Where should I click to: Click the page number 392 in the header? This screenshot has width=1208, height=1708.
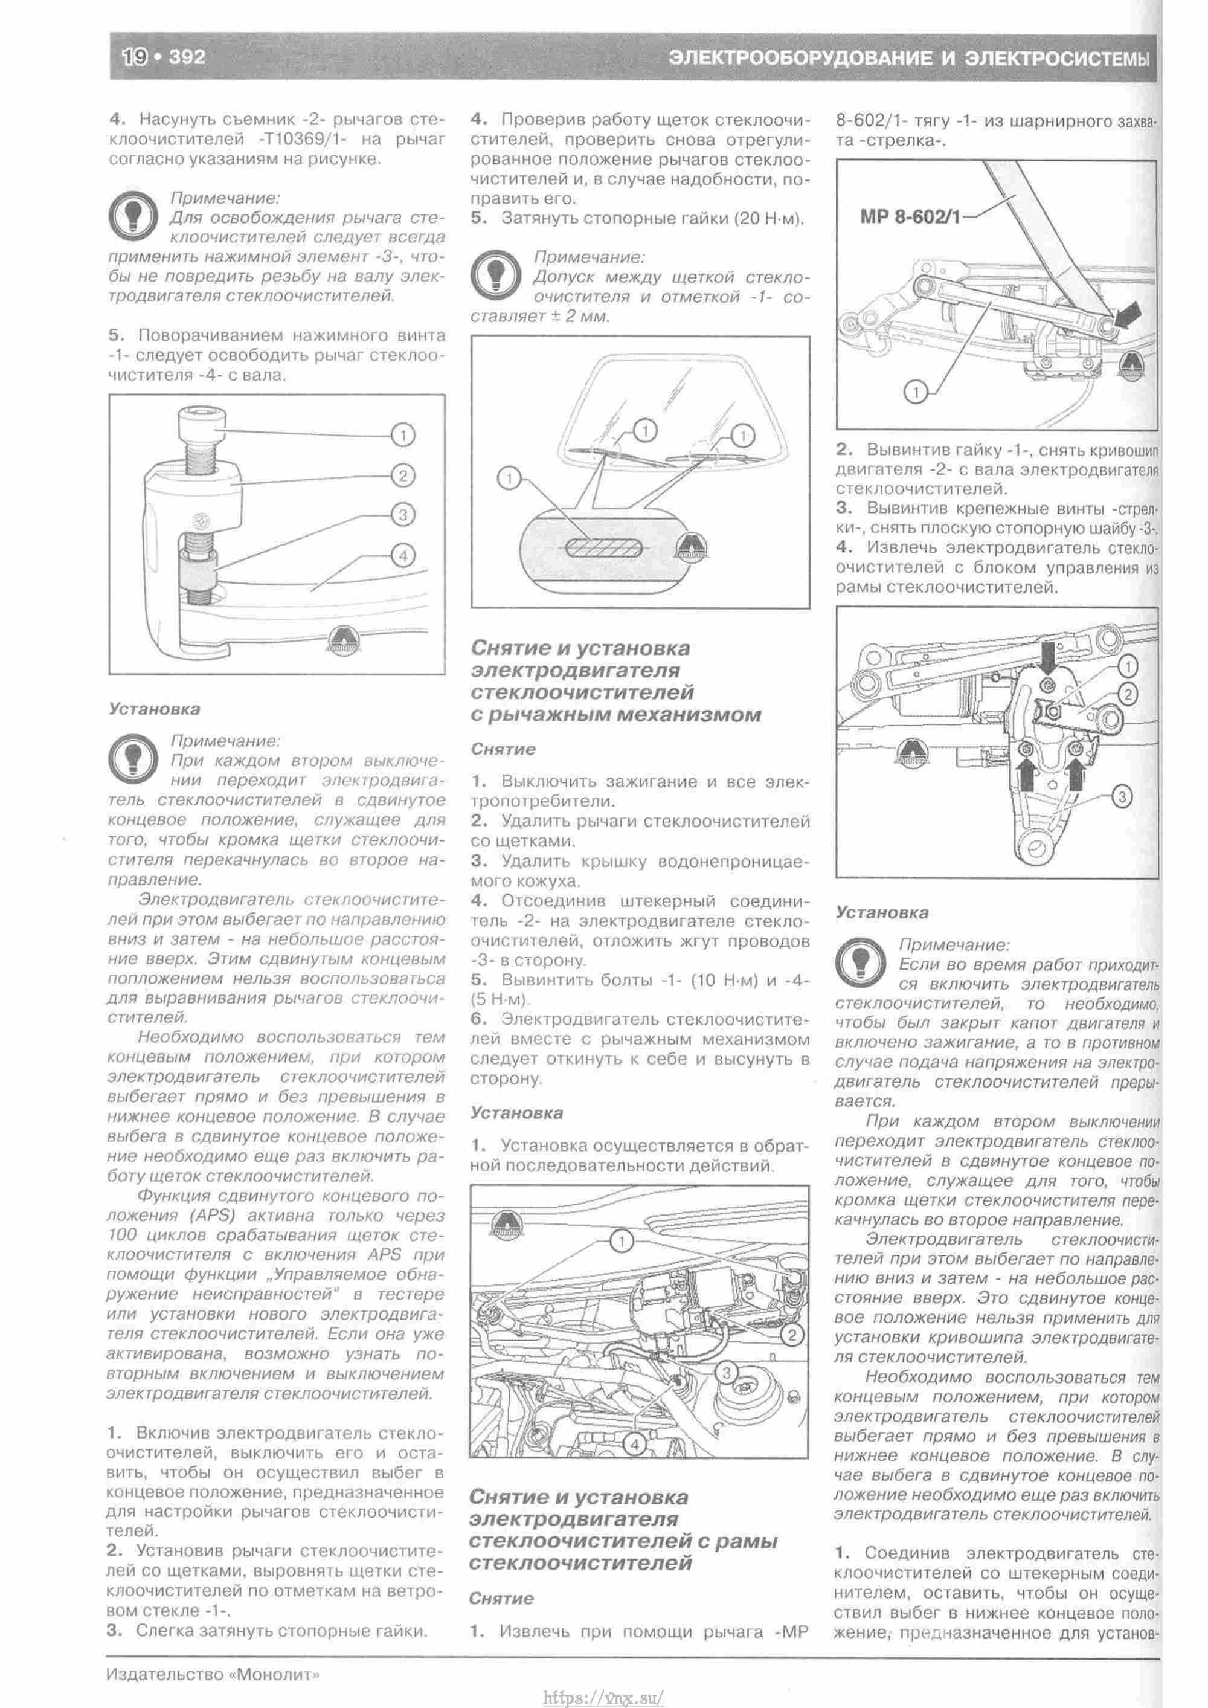pyautogui.click(x=187, y=57)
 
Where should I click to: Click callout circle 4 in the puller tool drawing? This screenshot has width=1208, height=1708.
pyautogui.click(x=402, y=555)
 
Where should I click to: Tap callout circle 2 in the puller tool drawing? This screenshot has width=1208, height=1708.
pyautogui.click(x=402, y=475)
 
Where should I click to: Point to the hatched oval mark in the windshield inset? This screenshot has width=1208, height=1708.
pyautogui.click(x=603, y=548)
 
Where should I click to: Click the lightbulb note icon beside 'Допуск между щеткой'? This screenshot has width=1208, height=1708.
pyautogui.click(x=494, y=274)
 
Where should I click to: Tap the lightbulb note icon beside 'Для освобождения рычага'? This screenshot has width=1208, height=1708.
pyautogui.click(x=131, y=215)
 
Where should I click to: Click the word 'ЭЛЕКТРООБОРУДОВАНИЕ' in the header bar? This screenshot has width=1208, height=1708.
pyautogui.click(x=800, y=58)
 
